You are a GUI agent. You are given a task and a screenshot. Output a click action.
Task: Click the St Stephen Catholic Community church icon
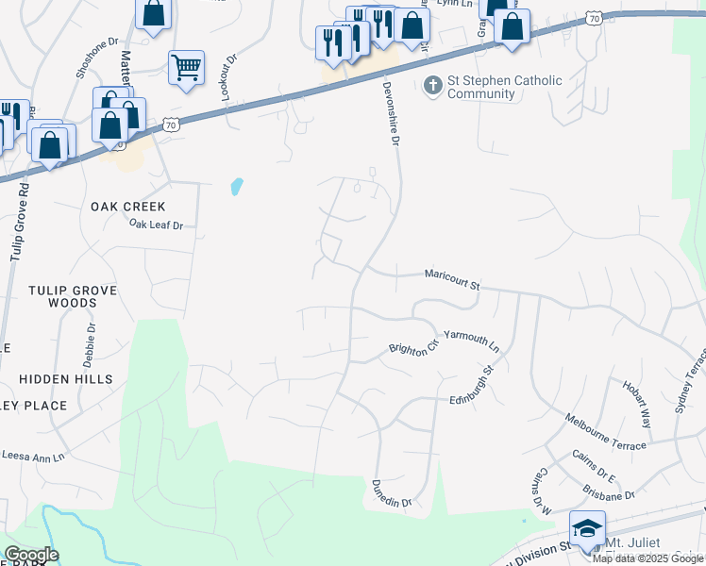point(433,87)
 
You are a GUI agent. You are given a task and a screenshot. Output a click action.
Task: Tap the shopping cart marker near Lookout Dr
point(186,67)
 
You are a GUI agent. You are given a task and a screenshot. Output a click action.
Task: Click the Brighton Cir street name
point(414,347)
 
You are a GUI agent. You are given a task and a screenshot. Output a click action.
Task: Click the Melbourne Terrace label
point(606,431)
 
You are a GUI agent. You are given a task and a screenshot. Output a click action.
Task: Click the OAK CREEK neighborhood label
point(128,207)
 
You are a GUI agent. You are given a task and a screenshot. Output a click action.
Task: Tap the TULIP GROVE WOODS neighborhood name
point(76,296)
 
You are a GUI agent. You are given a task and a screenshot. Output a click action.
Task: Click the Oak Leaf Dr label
point(156,225)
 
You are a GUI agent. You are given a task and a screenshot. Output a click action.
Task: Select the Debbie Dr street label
point(91,345)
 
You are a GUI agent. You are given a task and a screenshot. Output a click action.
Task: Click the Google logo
point(31,555)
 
